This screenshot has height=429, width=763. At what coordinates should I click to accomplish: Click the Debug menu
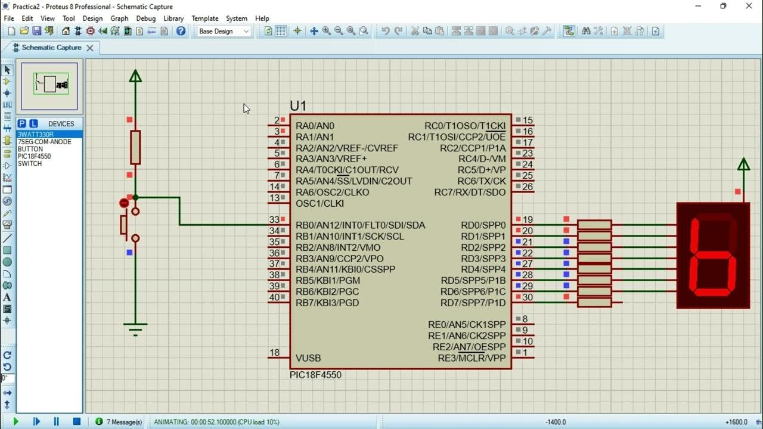tap(145, 18)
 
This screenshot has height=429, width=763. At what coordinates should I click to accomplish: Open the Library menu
tap(173, 18)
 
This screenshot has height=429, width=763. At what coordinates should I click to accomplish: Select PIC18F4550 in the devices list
tap(34, 156)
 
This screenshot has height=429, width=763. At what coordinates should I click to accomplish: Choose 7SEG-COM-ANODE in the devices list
tap(44, 142)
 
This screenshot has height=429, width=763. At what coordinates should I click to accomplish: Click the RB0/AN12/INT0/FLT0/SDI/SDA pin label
tap(360, 225)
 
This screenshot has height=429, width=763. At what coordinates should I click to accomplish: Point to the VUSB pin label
tap(308, 358)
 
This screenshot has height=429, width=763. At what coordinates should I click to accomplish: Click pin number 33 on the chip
tap(274, 220)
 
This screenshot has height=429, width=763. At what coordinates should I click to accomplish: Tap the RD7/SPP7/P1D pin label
tap(473, 303)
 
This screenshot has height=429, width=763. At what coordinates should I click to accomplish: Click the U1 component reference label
tap(298, 106)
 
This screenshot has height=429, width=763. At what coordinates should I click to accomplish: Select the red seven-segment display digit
tap(713, 256)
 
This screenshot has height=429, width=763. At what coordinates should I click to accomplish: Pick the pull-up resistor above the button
tap(135, 147)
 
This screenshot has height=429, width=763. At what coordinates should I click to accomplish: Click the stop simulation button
tap(76, 422)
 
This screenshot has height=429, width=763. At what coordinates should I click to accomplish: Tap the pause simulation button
tap(56, 422)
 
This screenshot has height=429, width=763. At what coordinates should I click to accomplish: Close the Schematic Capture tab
tap(90, 48)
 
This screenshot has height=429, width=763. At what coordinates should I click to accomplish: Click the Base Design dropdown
tap(223, 31)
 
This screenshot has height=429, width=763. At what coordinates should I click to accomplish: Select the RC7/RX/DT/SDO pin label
tap(470, 192)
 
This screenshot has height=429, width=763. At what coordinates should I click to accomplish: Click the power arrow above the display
tap(743, 165)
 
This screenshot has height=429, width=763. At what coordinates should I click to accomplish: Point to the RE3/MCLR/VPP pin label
tap(472, 358)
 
